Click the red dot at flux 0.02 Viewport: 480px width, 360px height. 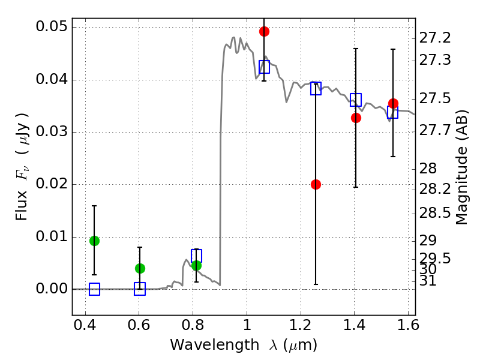pos(316,184)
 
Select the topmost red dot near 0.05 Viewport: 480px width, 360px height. pos(264,31)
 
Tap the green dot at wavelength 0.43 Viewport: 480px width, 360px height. pos(94,241)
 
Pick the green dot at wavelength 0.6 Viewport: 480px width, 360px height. pos(140,268)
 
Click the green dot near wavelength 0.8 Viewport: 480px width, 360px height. pos(197,265)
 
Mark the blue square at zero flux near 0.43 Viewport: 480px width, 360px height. pos(94,289)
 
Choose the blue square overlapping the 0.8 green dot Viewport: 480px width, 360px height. pos(197,256)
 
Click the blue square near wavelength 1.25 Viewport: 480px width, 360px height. pos(316,88)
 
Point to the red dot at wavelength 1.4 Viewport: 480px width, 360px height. pos(356,118)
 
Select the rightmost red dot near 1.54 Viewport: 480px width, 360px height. pos(393,103)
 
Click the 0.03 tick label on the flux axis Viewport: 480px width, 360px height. pos(52,131)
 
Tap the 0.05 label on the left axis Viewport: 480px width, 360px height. pos(52,26)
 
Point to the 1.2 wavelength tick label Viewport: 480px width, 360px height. pos(301,325)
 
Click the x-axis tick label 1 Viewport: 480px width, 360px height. pos(247,325)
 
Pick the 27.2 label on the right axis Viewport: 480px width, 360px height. pos(434,38)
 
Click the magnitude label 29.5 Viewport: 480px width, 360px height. pos(434,259)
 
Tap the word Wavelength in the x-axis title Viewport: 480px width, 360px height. pos(215,345)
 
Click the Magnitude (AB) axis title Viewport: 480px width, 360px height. pos(461,167)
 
